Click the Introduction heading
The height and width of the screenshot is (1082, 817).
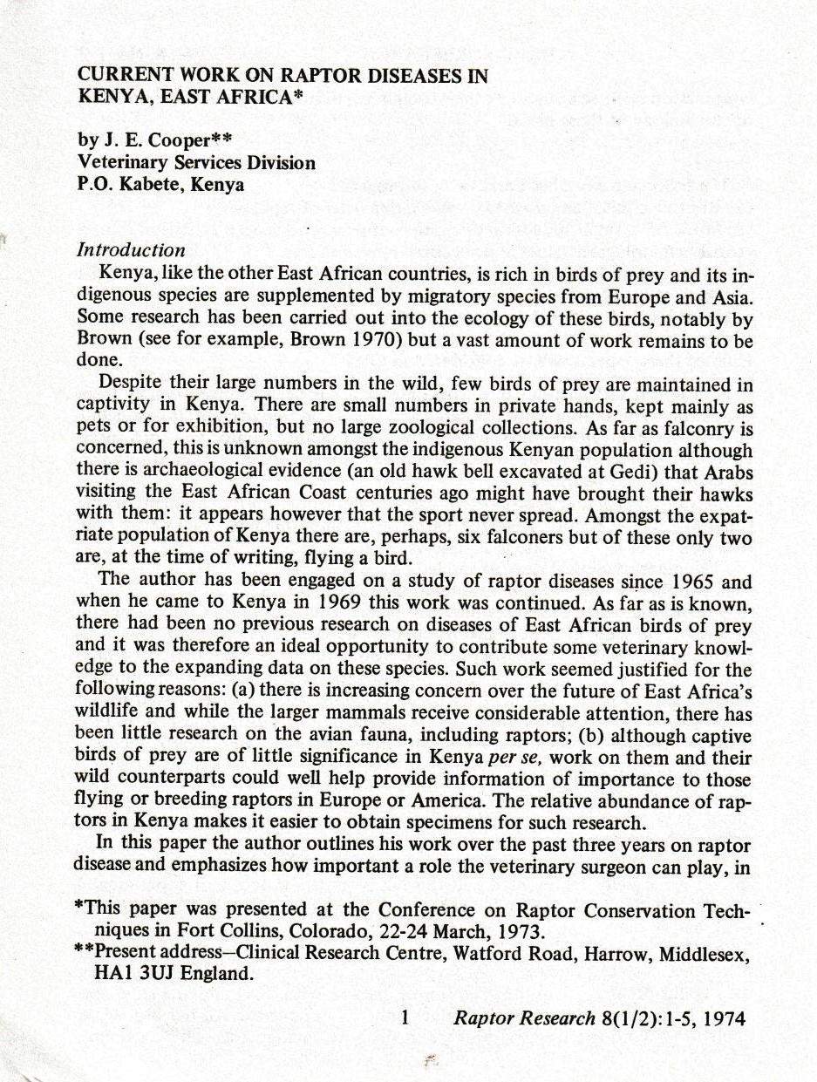pos(131,250)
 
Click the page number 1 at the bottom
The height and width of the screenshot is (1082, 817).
pos(405,1017)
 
